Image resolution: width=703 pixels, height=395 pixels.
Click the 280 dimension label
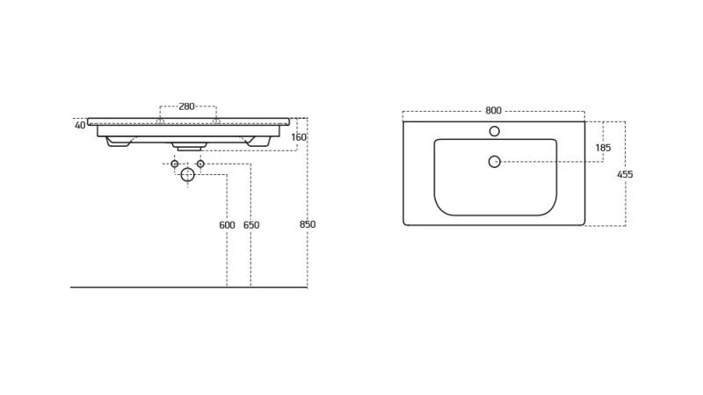(186, 106)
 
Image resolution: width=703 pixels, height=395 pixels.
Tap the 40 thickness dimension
(80, 125)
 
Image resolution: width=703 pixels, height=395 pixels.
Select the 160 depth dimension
(299, 137)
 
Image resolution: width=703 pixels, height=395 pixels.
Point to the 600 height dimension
(227, 225)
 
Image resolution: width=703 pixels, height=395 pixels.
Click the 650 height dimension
(251, 225)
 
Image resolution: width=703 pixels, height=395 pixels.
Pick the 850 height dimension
(308, 224)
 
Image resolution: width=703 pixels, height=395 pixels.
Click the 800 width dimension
(493, 111)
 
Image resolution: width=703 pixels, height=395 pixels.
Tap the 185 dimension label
(603, 148)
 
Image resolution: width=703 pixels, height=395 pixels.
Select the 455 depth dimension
(625, 174)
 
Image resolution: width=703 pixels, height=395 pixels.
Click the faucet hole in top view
(495, 131)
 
